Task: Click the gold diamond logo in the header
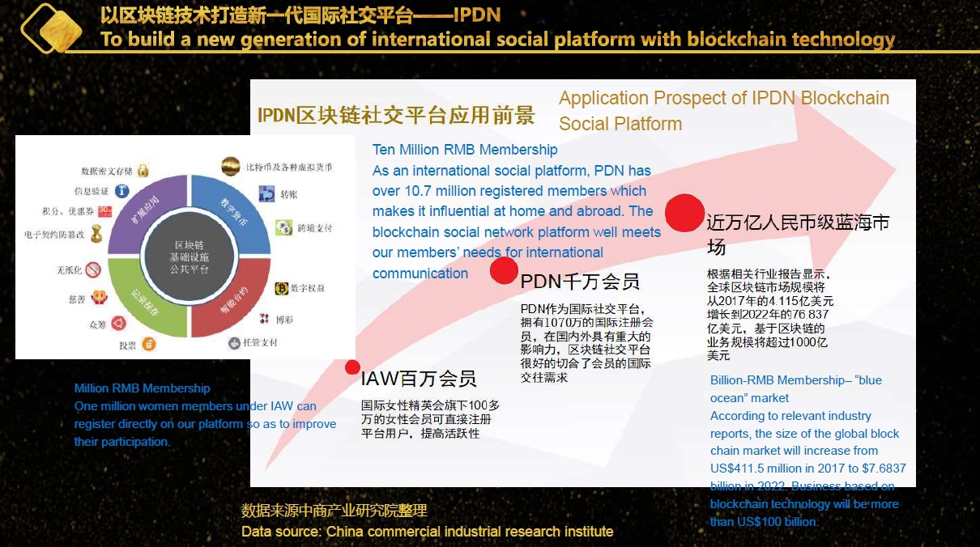51,28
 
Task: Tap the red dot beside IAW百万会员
352,367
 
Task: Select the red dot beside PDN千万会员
504,270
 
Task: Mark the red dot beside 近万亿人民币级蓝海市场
684,213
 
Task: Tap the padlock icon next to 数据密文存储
143,171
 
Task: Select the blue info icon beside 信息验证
121,191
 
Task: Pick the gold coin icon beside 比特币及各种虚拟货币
231,166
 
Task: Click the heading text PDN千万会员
580,282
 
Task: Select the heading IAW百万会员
418,379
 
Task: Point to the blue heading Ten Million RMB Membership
465,150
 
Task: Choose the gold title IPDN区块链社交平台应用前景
396,116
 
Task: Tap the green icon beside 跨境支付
283,227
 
